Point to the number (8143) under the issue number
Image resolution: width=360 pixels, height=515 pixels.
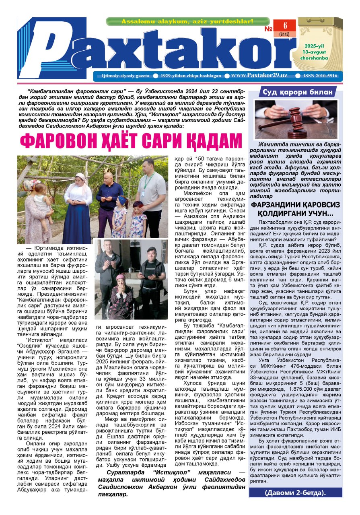285,35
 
